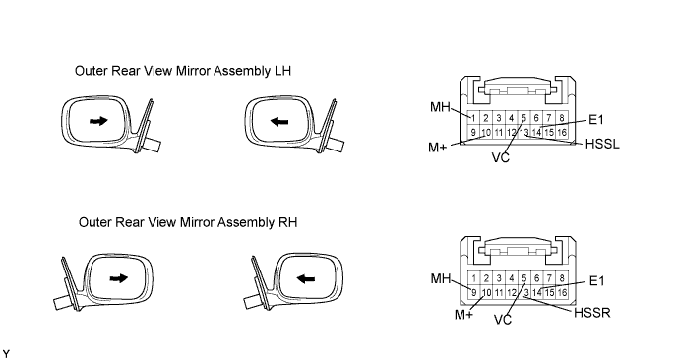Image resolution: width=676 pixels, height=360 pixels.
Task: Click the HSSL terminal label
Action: point(602,144)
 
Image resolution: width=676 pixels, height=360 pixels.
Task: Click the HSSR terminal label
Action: point(592,313)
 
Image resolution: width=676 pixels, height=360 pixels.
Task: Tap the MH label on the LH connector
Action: point(440,107)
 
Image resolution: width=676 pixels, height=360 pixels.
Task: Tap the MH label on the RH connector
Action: point(441,278)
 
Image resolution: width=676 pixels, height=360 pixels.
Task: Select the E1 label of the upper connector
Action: point(596,120)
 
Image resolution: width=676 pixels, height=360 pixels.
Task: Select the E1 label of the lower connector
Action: point(596,281)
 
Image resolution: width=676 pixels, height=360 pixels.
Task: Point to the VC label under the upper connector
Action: point(501,157)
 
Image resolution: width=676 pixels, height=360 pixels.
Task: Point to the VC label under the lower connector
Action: point(502,320)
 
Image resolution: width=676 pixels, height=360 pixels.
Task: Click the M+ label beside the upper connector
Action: point(438,148)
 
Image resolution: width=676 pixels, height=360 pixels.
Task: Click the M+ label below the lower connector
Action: point(463,315)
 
